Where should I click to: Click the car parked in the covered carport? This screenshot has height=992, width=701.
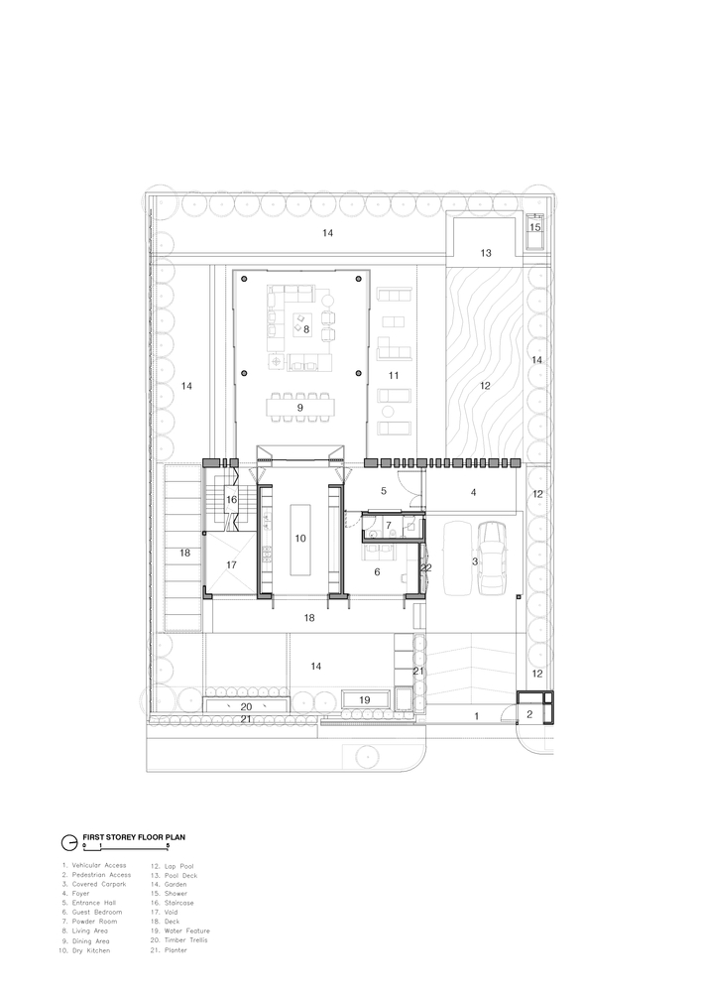493,558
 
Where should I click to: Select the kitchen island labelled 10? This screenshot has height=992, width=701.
300,539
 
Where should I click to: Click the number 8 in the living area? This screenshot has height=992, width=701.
306,329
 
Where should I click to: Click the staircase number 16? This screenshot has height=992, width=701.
231,500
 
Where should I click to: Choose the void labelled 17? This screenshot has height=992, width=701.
231,563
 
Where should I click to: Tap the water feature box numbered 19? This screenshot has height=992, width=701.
365,699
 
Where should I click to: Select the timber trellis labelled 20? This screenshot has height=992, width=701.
247,706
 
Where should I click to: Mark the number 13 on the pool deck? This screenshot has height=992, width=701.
486,253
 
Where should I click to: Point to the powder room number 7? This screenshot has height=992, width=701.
389,525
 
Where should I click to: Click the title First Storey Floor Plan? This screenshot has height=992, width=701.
134,836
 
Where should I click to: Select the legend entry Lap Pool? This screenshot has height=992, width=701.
178,866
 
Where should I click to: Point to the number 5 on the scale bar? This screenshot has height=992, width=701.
168,845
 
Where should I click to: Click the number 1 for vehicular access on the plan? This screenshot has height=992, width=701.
477,716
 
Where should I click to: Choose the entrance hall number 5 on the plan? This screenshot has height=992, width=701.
384,491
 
